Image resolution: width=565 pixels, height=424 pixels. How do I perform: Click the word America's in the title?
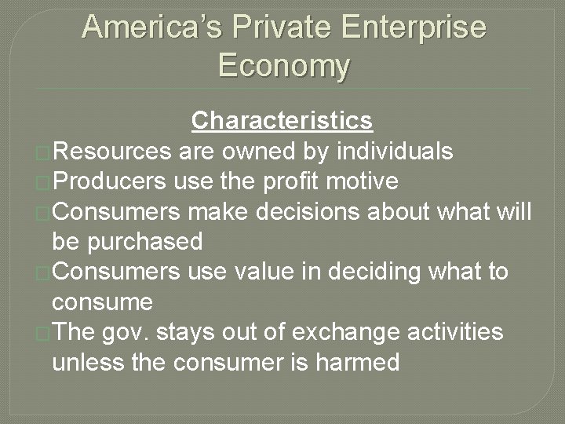pyautogui.click(x=152, y=28)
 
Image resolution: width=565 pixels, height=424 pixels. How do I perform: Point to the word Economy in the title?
pyautogui.click(x=283, y=65)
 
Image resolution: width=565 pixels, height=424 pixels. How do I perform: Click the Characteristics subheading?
pyautogui.click(x=282, y=121)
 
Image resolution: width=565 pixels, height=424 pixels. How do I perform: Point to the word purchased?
pyautogui.click(x=144, y=241)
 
